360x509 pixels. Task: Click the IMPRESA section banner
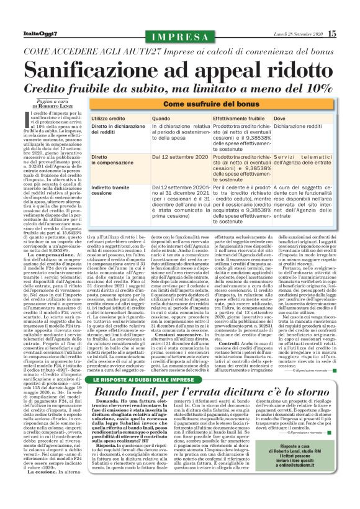coord(180,36)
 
